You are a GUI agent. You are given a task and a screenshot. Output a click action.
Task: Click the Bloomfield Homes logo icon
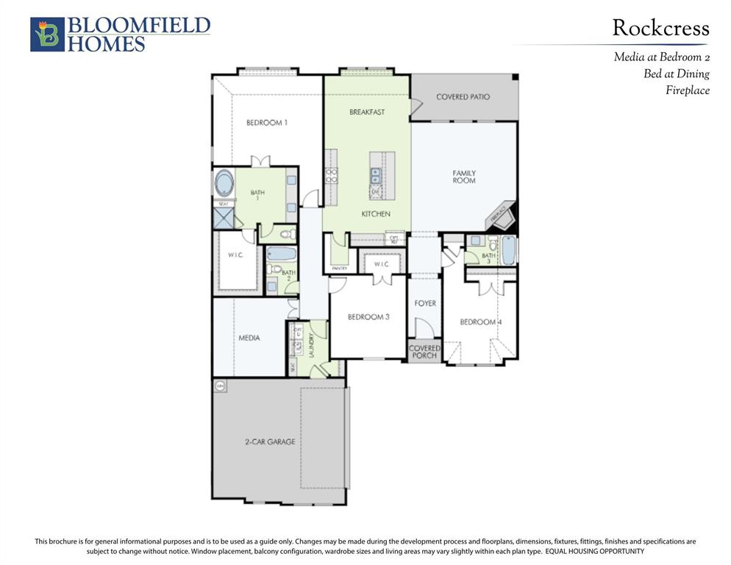(47, 35)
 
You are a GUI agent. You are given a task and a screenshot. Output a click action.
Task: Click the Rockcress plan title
(660, 29)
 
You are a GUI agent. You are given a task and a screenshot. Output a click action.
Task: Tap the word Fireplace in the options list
(688, 90)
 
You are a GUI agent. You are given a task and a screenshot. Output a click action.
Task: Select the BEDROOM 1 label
(266, 123)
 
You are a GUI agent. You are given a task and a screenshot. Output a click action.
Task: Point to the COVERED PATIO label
(463, 97)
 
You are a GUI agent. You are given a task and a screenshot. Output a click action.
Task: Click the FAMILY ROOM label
(464, 177)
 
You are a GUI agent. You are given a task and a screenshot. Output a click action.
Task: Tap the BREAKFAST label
(367, 112)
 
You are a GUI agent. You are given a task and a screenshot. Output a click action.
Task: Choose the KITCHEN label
(375, 214)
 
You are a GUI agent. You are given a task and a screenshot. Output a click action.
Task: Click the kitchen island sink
(376, 175)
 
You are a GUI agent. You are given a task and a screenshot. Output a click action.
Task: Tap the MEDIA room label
(249, 338)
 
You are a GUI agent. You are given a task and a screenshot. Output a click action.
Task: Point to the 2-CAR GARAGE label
(270, 442)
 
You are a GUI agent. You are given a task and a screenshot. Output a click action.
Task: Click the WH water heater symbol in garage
(220, 385)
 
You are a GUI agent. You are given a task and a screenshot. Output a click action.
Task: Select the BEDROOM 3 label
(368, 317)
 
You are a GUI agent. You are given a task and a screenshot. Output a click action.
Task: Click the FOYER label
(425, 303)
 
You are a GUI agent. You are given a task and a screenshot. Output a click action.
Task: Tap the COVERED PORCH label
(424, 352)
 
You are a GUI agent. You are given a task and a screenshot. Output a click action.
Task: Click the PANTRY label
(339, 269)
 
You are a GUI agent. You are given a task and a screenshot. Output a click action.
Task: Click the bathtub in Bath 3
(508, 250)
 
